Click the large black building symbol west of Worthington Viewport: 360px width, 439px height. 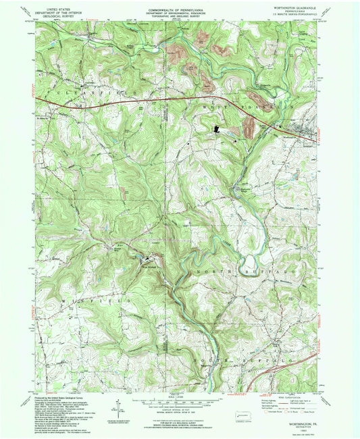click(217, 129)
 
